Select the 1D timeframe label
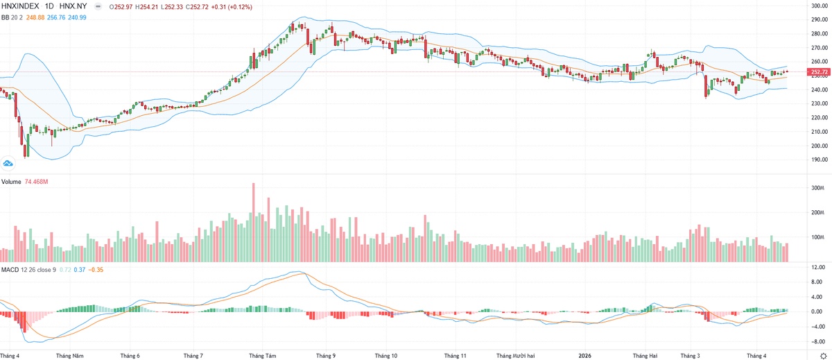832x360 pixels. [x=49, y=6]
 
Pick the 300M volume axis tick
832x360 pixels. [x=816, y=188]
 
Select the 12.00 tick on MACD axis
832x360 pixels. [x=817, y=267]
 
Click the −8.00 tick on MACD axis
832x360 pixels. [x=817, y=341]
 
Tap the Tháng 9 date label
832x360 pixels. [x=325, y=355]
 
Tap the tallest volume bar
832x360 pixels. [x=254, y=222]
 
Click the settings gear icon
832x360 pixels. [x=823, y=355]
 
